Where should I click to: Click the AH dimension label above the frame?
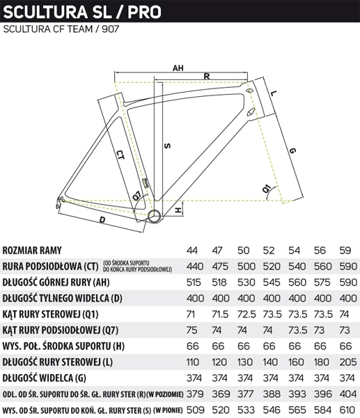[x=178, y=68]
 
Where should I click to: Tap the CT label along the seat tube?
[x=120, y=155]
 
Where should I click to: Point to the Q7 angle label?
[x=137, y=196]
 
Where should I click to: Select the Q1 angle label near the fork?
[x=267, y=189]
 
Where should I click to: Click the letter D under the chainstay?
[x=102, y=220]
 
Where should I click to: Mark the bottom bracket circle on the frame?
[x=154, y=216]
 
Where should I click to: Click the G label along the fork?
[x=292, y=150]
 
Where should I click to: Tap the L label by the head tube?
[x=274, y=93]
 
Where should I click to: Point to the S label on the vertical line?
[x=167, y=146]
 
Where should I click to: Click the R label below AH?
[x=207, y=77]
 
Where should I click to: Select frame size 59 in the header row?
[x=345, y=251]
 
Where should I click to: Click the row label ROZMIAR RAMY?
[x=32, y=251]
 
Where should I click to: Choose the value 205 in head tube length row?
[x=348, y=362]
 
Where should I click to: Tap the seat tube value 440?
[x=195, y=267]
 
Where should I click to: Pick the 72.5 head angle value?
[x=246, y=314]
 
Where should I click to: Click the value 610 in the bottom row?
[x=347, y=410]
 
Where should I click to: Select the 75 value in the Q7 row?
[x=192, y=330]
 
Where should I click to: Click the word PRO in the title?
[x=144, y=12]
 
